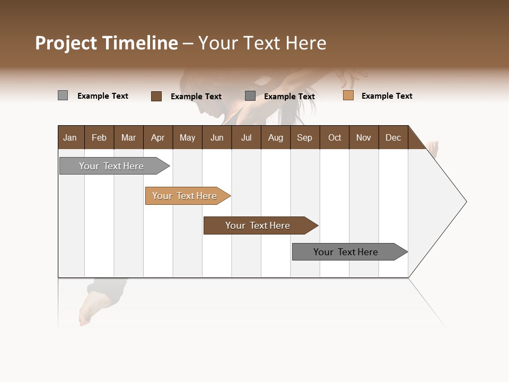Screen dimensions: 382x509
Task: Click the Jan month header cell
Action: (71, 137)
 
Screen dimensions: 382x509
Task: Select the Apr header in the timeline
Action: (158, 137)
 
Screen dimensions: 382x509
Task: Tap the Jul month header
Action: (246, 137)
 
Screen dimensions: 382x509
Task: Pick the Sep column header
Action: (305, 137)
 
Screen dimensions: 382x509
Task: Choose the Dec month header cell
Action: (393, 137)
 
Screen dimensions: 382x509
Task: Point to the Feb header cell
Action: (99, 137)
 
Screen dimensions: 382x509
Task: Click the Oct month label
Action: (335, 137)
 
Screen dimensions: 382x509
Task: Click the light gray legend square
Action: (63, 95)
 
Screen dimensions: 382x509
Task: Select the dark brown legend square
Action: (156, 96)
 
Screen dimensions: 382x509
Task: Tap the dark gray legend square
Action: (250, 95)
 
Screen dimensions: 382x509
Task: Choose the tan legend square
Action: (348, 95)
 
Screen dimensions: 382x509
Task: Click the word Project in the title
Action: (66, 43)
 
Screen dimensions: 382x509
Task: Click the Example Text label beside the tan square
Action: (387, 96)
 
